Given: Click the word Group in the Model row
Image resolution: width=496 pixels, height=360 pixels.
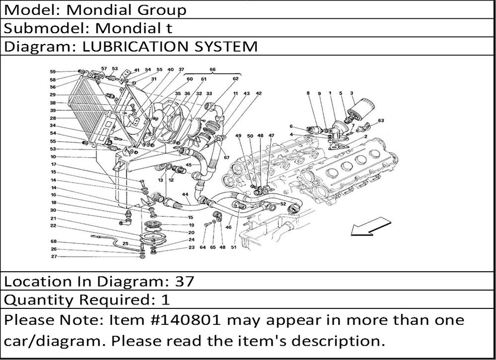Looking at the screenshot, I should pos(162,9).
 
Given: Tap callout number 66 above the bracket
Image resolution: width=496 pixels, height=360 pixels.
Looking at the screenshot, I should pos(212,70).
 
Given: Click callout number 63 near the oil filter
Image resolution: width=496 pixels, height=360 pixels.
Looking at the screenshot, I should pos(380,120).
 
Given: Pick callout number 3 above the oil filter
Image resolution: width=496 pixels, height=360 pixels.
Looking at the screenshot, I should pos(351,93).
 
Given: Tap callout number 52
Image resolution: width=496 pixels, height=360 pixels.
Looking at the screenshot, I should pos(283,204).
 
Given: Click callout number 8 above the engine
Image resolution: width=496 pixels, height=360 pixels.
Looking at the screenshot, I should pos(308,93).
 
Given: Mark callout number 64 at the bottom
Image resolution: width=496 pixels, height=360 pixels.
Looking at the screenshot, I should pos(202,247).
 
